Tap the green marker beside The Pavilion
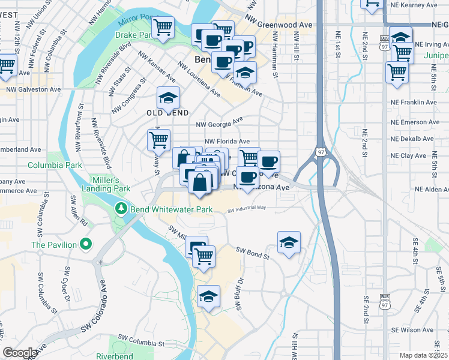tap(85, 244)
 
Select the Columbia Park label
tap(55, 164)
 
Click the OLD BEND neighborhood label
tap(167, 113)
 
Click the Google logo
tap(20, 353)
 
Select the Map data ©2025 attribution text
tap(424, 355)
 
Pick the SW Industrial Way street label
tap(246, 208)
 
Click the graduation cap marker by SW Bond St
tap(289, 242)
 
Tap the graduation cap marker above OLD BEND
tap(169, 97)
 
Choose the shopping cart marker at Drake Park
tap(163, 27)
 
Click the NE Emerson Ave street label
tap(412, 122)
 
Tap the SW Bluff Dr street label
tap(239, 294)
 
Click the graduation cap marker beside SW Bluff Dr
tap(209, 296)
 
